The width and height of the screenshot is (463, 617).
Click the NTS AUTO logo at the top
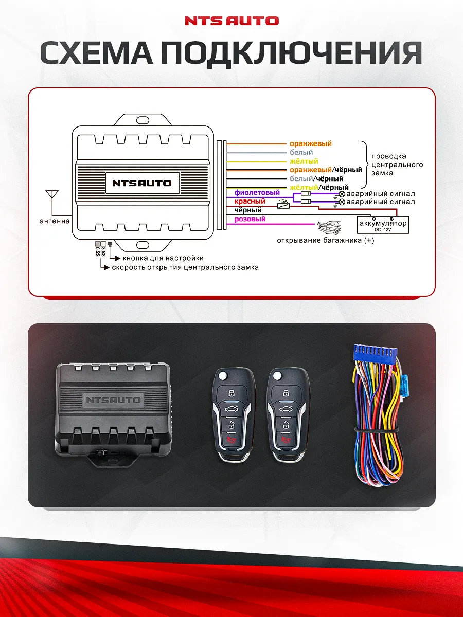point(232,21)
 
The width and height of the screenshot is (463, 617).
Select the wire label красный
point(250,202)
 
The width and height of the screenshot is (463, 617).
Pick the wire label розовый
point(250,219)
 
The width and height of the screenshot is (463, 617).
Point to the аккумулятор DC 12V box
point(383,224)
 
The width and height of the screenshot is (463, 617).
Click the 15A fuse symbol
point(283,205)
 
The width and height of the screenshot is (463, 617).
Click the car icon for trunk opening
point(329,226)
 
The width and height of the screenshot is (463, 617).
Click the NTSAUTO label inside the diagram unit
point(142,183)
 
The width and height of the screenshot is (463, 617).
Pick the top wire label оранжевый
point(310,144)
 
